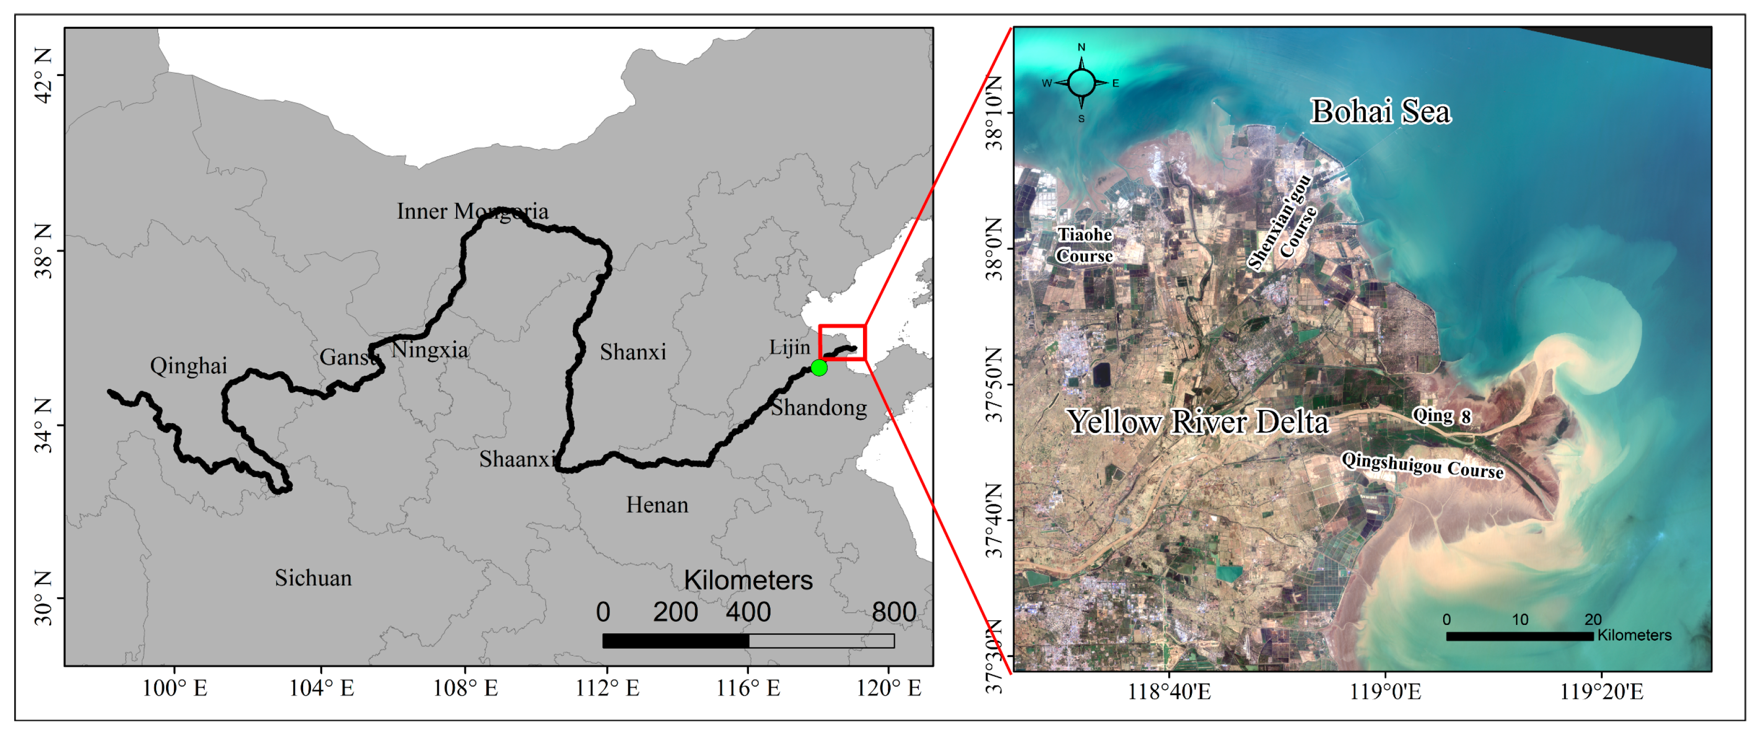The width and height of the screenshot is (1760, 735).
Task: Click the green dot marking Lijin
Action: (818, 368)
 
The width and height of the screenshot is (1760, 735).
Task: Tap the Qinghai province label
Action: (189, 366)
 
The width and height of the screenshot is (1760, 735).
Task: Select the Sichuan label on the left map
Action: (313, 578)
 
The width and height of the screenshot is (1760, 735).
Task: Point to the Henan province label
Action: (657, 504)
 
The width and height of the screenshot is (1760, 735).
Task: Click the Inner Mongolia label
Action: (472, 211)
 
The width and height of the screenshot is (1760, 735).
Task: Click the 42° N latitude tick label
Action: (42, 75)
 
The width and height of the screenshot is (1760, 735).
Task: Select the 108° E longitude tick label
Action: (466, 688)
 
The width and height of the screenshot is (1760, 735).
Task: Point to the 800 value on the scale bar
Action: (894, 611)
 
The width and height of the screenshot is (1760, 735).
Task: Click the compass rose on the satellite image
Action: (1081, 83)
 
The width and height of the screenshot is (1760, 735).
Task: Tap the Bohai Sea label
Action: (1380, 112)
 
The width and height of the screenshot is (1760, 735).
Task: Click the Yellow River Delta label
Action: (1198, 422)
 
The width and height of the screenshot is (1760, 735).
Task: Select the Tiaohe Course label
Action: (1084, 245)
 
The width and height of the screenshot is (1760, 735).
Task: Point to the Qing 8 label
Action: (1441, 415)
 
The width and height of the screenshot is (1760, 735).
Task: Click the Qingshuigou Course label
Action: (1422, 465)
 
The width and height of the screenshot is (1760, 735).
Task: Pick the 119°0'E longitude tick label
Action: (1386, 692)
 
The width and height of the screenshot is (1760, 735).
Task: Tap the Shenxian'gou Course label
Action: (1282, 221)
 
